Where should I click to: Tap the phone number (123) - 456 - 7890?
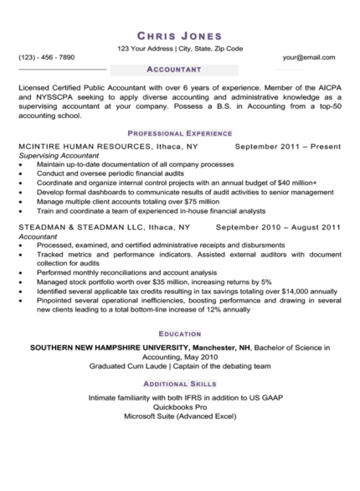tap(47, 57)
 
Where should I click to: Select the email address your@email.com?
tap(309, 57)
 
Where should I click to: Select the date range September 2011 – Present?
tap(288, 147)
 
